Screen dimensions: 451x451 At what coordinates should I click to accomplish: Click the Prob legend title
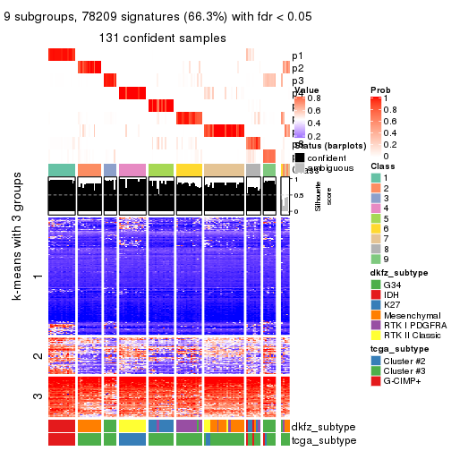(x=379, y=90)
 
